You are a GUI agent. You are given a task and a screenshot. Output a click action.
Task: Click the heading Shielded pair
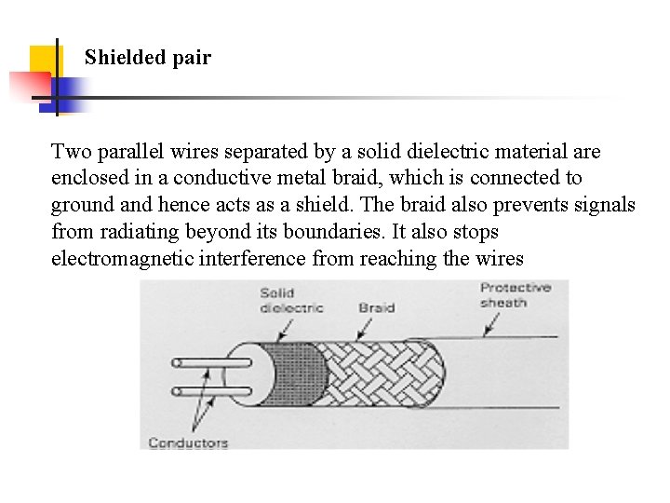pos(147,58)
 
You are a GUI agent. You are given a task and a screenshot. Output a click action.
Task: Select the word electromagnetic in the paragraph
pos(122,259)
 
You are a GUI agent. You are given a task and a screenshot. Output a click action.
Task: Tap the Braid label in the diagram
pos(376,307)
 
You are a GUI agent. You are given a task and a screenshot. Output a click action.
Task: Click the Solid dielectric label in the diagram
pos(291,300)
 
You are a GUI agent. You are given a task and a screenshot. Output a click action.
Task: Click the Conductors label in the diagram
pos(188,442)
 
